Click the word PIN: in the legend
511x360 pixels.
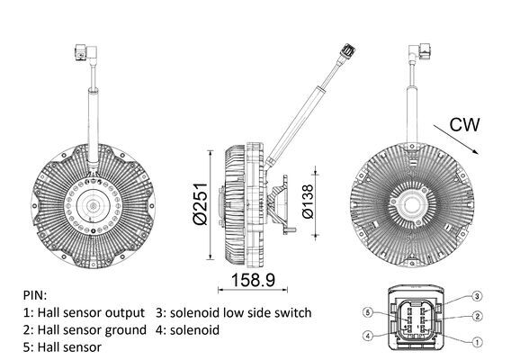click(37, 295)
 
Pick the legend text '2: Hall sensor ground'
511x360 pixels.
click(84, 329)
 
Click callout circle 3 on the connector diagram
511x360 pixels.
click(479, 295)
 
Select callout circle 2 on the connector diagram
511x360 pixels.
click(479, 316)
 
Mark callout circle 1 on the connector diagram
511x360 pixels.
click(479, 340)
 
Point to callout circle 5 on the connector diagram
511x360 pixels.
click(369, 312)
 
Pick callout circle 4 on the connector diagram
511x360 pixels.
click(369, 337)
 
